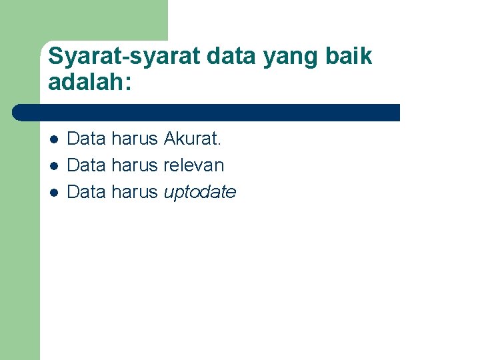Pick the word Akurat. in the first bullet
[x=192, y=139]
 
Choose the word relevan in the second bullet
[x=193, y=165]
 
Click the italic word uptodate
[x=199, y=193]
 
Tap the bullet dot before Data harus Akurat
[x=53, y=139]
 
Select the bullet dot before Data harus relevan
[x=53, y=166]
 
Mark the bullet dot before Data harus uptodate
[x=53, y=193]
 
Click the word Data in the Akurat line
[x=87, y=139]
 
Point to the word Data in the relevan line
[x=87, y=165]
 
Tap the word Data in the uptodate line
[x=87, y=192]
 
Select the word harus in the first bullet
[x=135, y=139]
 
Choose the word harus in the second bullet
[x=135, y=165]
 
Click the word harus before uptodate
[x=135, y=192]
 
